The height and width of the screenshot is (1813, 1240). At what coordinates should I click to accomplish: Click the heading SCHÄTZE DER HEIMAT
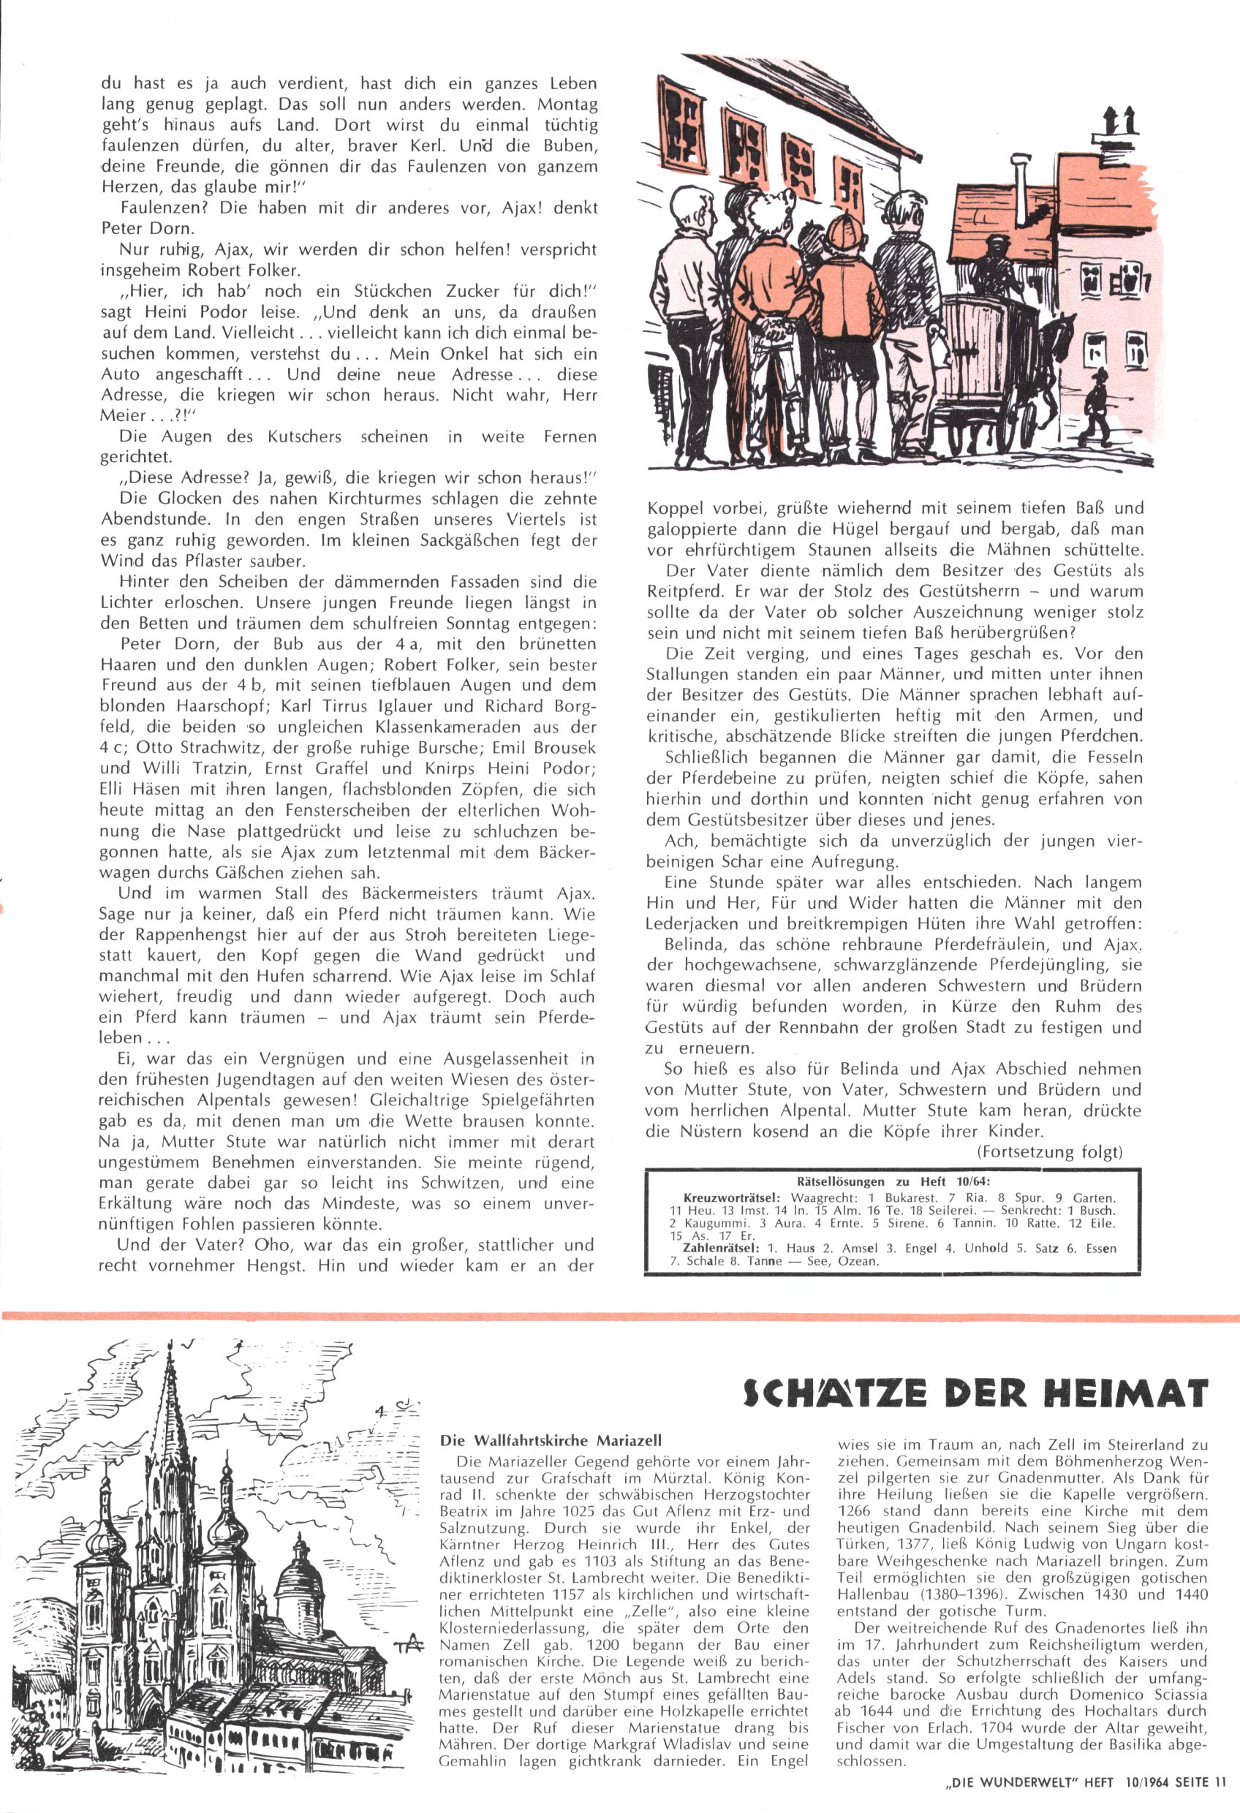975,1393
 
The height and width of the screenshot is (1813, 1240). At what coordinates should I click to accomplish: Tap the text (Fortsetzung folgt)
1049,1151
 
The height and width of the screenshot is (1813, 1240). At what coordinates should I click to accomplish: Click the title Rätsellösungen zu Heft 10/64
882,1182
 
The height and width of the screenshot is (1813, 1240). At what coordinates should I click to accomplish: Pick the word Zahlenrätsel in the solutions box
717,1248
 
